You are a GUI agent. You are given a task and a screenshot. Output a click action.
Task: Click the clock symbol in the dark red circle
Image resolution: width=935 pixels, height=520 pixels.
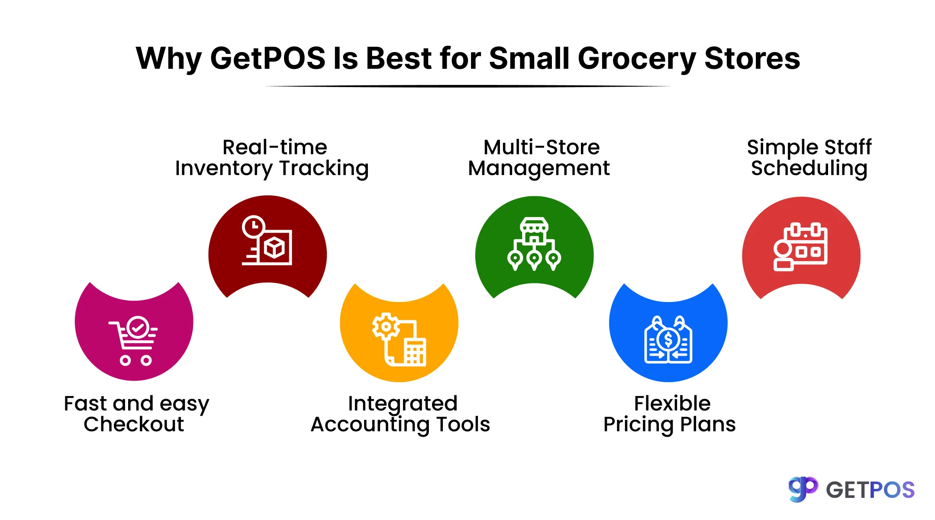[x=253, y=227]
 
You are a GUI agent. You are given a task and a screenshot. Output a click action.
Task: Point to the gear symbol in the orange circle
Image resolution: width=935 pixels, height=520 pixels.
[x=385, y=326]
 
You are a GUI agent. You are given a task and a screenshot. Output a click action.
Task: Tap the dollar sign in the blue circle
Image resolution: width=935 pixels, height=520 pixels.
[x=668, y=340]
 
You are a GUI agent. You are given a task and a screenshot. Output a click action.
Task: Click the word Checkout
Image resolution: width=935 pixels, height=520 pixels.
[x=134, y=424]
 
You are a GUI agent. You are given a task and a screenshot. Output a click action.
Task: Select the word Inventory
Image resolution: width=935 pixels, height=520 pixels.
[x=224, y=169]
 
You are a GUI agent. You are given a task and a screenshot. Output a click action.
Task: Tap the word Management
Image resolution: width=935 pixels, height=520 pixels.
[x=539, y=168]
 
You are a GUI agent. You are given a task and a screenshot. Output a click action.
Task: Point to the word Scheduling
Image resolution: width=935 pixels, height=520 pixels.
[x=809, y=169]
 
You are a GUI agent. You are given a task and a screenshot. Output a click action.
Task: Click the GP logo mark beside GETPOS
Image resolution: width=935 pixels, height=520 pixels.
[x=803, y=489]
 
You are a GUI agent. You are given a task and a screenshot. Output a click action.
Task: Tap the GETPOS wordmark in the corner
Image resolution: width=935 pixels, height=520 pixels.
[x=870, y=490]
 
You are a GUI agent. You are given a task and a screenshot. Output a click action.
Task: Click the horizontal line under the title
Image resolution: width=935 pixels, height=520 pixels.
[x=467, y=86]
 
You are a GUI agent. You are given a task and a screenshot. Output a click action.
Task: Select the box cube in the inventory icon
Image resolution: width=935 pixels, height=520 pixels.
[x=274, y=248]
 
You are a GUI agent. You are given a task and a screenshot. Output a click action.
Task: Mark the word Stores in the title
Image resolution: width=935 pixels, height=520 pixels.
[x=752, y=58]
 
